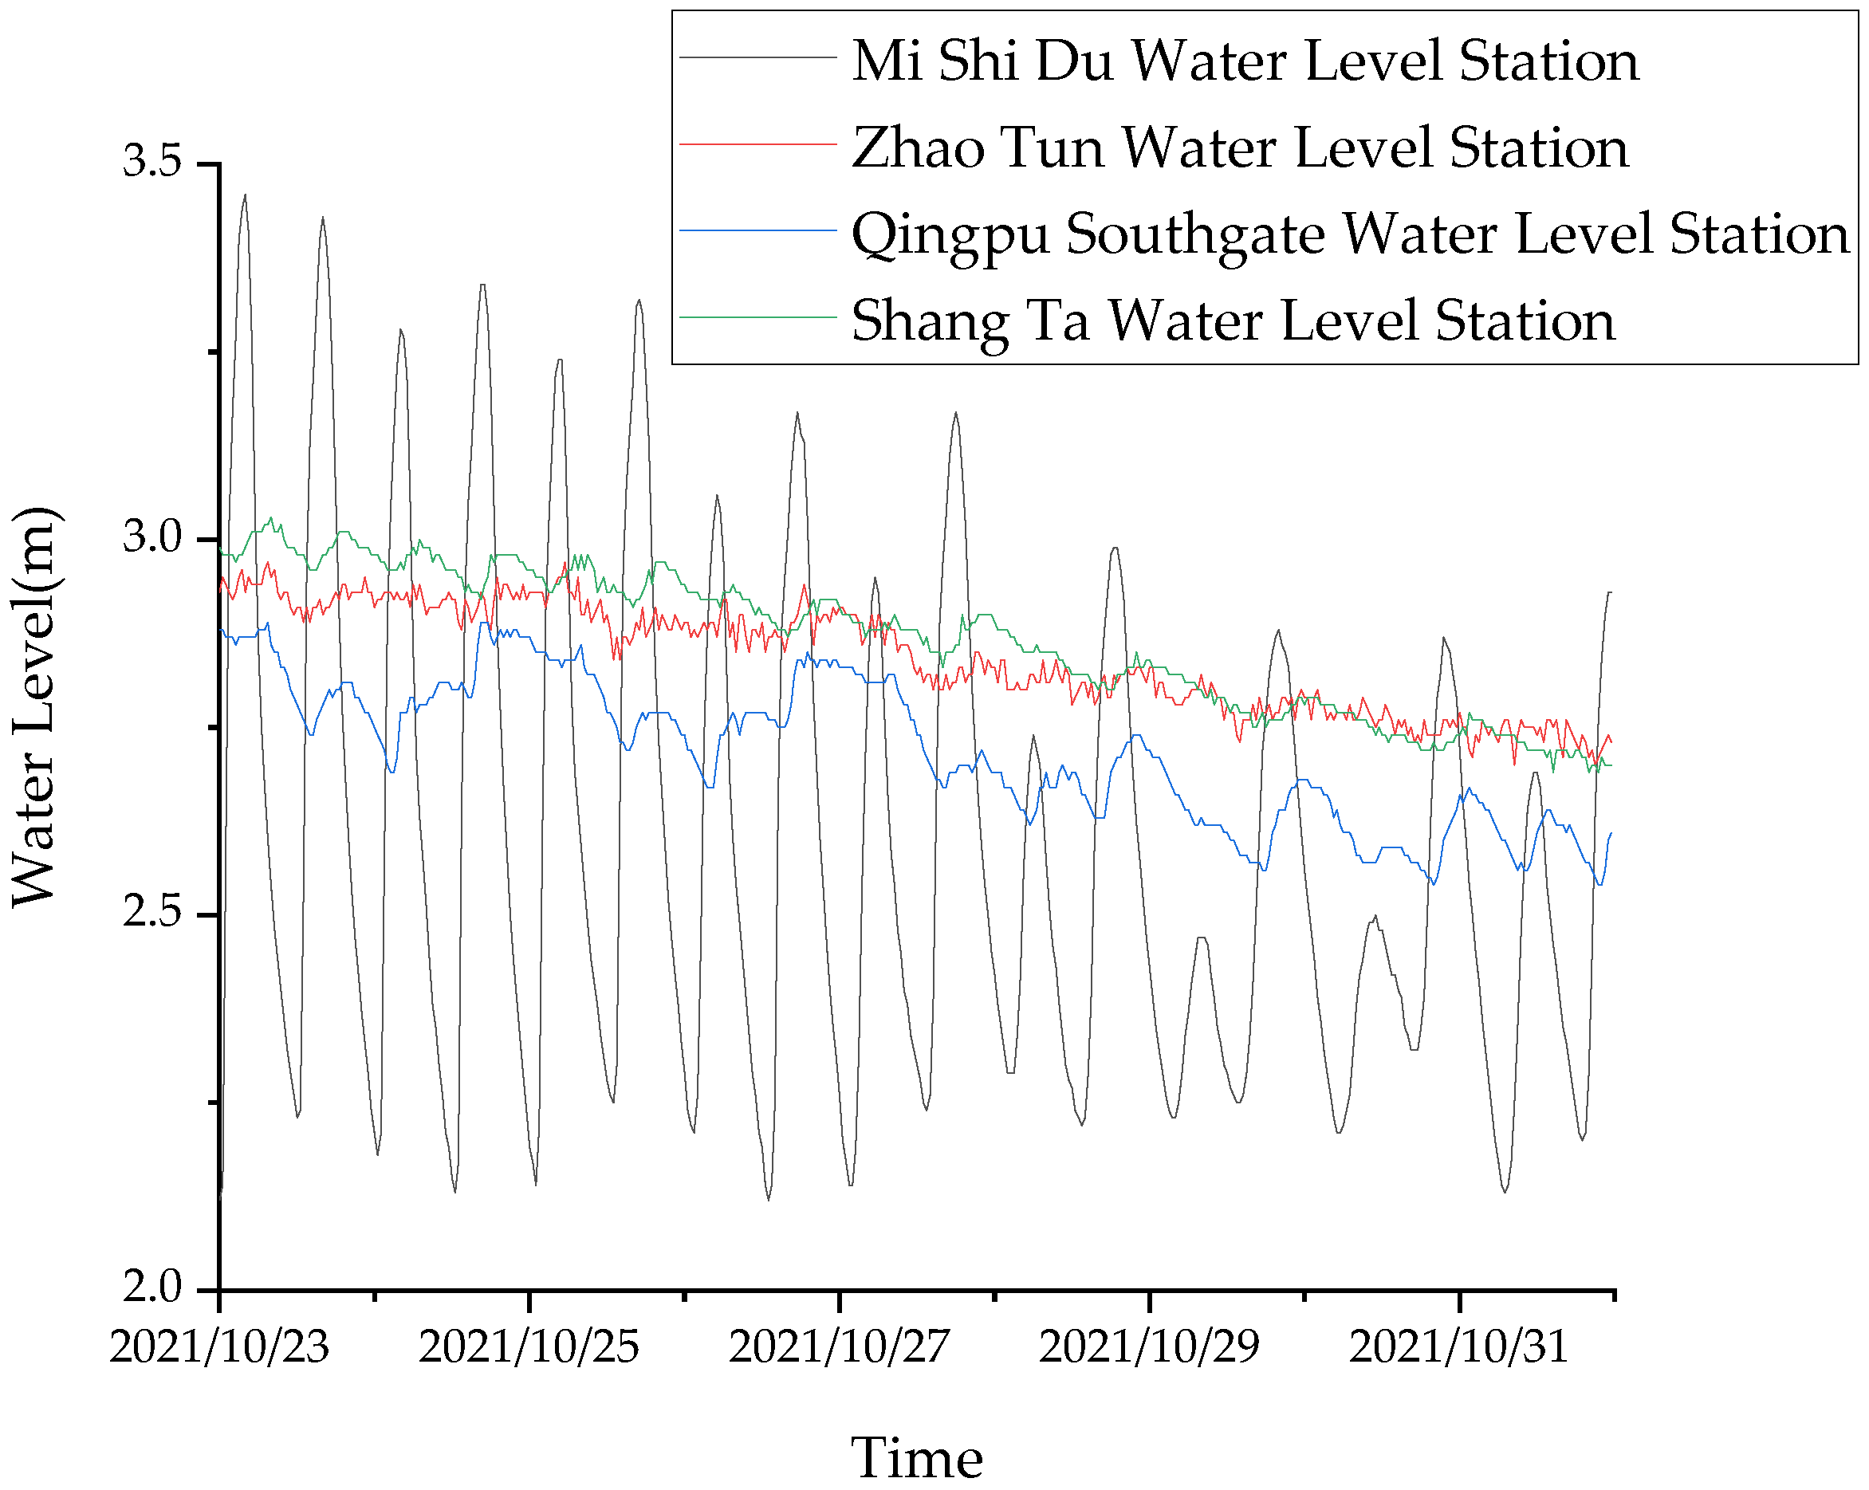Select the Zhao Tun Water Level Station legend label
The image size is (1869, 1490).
pyautogui.click(x=1240, y=147)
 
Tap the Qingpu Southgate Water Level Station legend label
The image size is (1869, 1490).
pyautogui.click(x=1350, y=234)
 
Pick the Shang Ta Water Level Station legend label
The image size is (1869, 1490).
pyautogui.click(x=1233, y=320)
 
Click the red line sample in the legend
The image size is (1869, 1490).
pyautogui.click(x=757, y=143)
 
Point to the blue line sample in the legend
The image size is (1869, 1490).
pyautogui.click(x=757, y=230)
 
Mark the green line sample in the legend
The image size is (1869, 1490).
pyautogui.click(x=757, y=317)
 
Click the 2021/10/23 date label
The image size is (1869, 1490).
pyautogui.click(x=219, y=1348)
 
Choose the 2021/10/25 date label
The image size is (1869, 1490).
pyautogui.click(x=529, y=1348)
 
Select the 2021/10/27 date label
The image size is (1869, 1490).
pyautogui.click(x=839, y=1348)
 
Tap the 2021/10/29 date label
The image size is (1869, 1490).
pyautogui.click(x=1149, y=1348)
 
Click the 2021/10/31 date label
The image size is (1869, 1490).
pyautogui.click(x=1459, y=1348)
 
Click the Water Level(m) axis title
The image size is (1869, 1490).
pyautogui.click(x=34, y=706)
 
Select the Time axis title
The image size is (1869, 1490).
pyautogui.click(x=916, y=1458)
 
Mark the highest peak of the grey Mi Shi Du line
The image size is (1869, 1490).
pyautogui.click(x=246, y=196)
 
